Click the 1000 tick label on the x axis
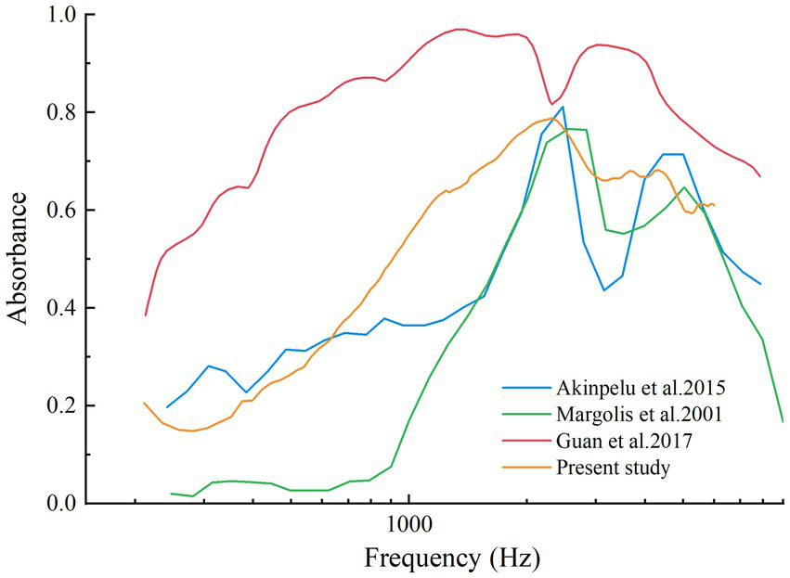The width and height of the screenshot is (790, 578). [x=408, y=525]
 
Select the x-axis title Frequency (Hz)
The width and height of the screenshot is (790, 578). [x=452, y=559]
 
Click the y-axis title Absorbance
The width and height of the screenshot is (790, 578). [x=20, y=260]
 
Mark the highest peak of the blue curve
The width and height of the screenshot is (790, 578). [x=563, y=107]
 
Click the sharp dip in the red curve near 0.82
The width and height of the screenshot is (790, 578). [x=551, y=104]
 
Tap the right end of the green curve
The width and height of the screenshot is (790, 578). [x=783, y=421]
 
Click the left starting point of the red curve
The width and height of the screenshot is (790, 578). [x=146, y=315]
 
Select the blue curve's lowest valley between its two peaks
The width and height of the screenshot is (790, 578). [x=603, y=290]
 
